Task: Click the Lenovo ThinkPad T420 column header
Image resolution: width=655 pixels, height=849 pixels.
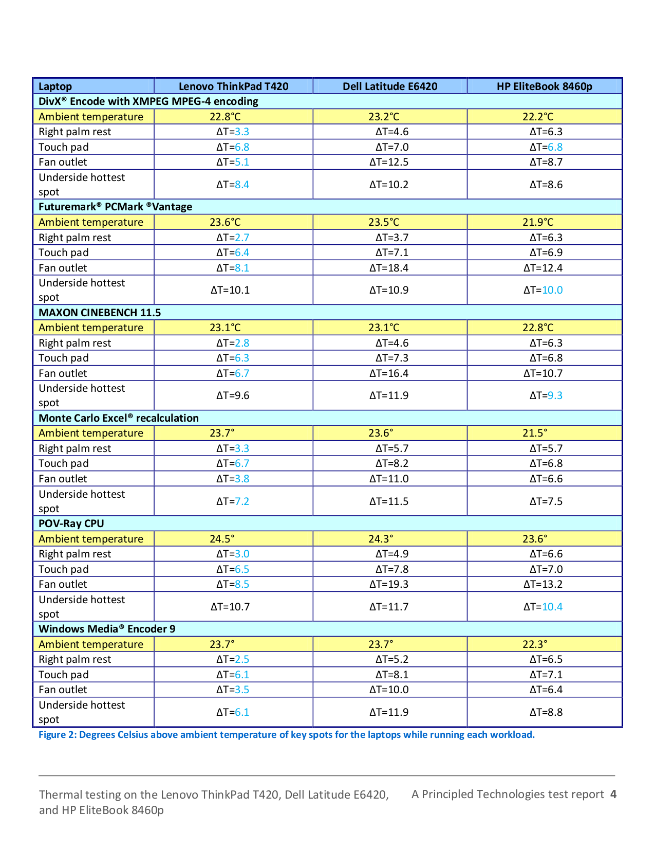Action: click(233, 86)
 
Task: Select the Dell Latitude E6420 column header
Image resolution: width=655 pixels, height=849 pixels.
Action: click(390, 86)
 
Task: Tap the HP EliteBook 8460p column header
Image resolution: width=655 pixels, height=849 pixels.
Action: click(544, 86)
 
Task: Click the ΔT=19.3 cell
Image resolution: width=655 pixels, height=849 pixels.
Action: click(389, 584)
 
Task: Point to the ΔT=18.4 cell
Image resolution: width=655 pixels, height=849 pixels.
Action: click(389, 268)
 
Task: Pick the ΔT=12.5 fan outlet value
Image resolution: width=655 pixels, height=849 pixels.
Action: click(389, 162)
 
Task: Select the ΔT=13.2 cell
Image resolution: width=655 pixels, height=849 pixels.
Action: click(543, 584)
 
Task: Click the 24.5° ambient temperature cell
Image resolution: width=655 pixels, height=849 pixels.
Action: click(222, 539)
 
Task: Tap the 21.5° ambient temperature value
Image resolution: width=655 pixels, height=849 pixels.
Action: click(535, 433)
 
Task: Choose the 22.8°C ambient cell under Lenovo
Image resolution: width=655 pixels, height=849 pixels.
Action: click(225, 117)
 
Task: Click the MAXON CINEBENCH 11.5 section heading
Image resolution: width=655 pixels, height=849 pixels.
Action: click(100, 313)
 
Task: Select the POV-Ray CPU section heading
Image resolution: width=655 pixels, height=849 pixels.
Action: click(71, 523)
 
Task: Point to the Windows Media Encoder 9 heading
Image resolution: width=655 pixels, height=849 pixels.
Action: click(107, 629)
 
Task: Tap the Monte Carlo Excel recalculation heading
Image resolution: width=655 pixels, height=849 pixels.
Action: click(119, 418)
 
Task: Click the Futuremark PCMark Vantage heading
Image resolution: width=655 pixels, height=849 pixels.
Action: click(116, 207)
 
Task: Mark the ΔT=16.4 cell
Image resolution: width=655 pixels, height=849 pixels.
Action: click(389, 373)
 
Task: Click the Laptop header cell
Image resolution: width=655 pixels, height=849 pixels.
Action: click(55, 86)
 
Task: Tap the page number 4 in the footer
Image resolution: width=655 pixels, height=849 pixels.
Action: click(613, 794)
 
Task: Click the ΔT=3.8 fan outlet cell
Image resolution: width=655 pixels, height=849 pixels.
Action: click(233, 479)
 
